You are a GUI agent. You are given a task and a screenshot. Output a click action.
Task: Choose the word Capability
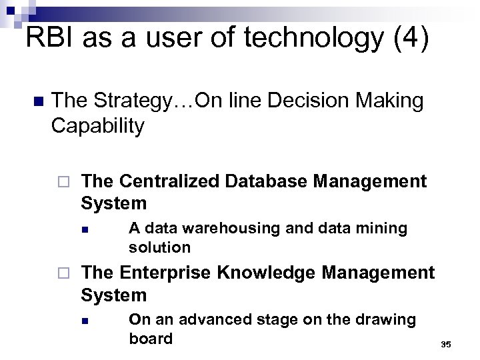pos(97,126)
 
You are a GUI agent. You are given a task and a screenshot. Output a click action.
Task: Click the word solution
pos(159,247)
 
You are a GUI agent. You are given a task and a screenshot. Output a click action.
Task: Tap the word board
pos(150,339)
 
